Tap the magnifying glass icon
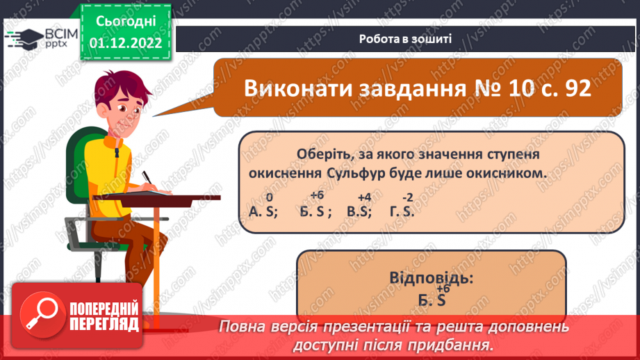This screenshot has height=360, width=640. point(40,311)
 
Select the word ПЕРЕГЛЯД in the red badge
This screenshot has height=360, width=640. point(104,324)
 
